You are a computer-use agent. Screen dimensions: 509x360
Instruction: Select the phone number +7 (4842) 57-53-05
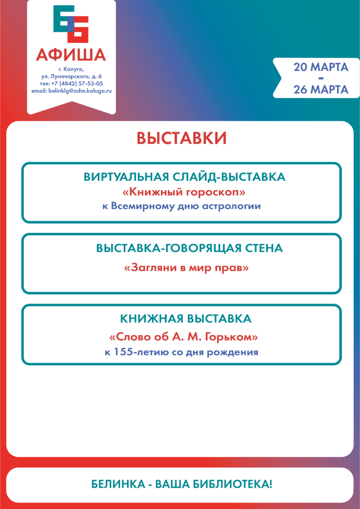coord(78,83)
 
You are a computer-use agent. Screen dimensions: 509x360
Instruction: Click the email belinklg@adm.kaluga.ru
coord(71,91)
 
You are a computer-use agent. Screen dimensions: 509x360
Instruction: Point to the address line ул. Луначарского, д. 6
coord(71,76)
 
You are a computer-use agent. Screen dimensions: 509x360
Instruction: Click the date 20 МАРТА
coord(321,67)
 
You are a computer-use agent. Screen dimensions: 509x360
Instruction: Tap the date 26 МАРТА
coord(321,89)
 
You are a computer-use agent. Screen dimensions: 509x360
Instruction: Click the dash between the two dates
coord(321,78)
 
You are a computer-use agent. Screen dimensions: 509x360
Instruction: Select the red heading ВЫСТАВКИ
coord(181,138)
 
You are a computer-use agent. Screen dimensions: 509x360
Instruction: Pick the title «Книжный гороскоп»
coord(181,192)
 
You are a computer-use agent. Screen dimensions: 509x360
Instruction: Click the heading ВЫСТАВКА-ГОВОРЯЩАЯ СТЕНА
coord(189,249)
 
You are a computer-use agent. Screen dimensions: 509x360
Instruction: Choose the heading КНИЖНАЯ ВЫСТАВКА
coord(186,319)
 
